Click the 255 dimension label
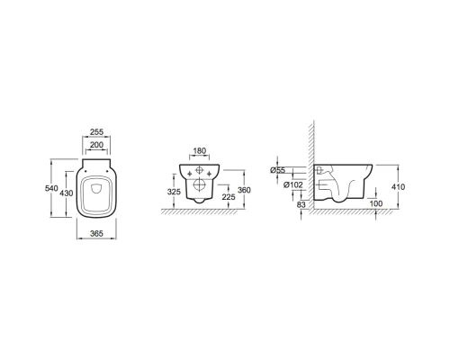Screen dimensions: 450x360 coord(96,131)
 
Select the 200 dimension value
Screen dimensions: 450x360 coord(96,145)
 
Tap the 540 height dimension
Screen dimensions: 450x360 coord(51,188)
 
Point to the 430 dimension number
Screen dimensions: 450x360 coord(67,193)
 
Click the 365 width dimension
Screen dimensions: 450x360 coord(96,233)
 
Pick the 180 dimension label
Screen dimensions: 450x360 coord(200,150)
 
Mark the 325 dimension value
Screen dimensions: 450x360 coord(174,192)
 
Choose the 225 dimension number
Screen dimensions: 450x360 coord(229,197)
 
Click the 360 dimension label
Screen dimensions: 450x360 coord(244,190)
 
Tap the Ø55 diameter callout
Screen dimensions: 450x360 coord(278,170)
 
